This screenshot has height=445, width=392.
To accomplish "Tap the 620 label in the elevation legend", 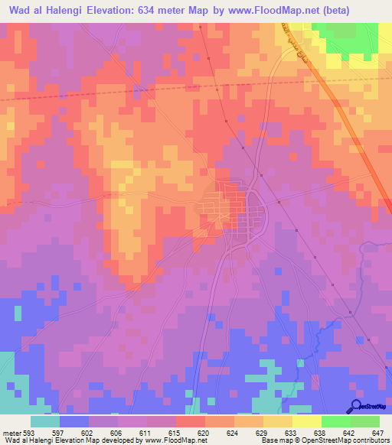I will tap(204, 432).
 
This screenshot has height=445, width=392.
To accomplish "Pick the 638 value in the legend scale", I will tap(318, 432).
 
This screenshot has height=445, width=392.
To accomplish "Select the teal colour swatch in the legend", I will tap(45, 421).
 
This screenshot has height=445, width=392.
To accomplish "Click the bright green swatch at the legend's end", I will tap(365, 421).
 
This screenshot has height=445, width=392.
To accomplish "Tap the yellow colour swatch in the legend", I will tap(307, 421).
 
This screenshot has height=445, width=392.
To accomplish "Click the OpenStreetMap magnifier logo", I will tap(358, 406).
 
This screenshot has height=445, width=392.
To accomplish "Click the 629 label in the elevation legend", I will tap(261, 432).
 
